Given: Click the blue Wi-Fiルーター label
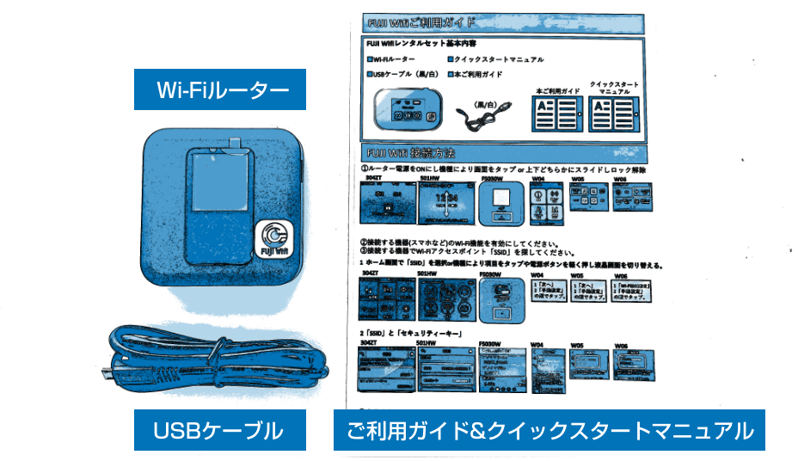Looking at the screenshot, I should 219,90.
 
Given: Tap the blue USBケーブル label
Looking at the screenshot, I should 219,430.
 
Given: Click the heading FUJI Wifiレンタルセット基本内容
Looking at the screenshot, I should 422,43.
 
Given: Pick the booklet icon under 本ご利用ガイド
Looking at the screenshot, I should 557,114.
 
